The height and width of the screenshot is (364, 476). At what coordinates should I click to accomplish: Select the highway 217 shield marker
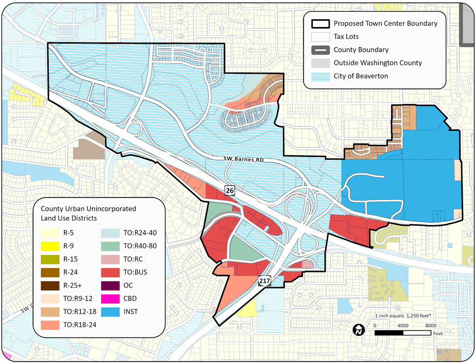[264, 281]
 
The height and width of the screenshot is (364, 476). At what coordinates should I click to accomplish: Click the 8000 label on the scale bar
[430, 326]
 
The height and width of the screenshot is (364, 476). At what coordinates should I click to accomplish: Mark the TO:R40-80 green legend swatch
[109, 245]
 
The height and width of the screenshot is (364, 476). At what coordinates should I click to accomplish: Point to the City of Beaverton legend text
[361, 76]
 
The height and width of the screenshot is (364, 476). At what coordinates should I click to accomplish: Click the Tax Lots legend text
[346, 36]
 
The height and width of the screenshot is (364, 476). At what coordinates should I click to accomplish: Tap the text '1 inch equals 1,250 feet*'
[403, 315]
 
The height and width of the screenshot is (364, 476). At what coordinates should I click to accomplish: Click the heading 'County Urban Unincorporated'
[88, 209]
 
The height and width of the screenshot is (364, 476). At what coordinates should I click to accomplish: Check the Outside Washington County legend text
[377, 63]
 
